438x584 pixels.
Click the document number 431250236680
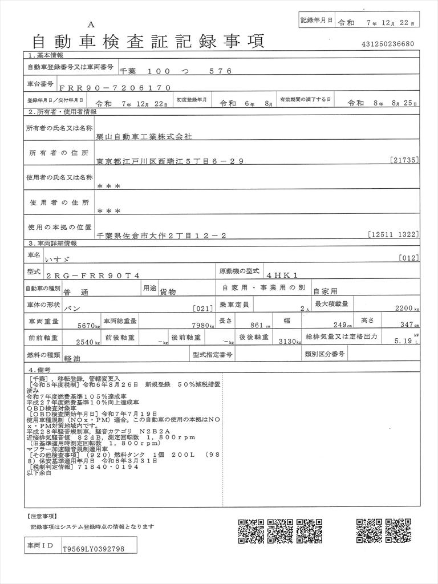(387, 44)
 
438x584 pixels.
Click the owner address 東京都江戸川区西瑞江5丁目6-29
(170, 161)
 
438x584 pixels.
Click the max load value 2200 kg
(407, 308)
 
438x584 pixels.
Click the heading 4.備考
(39, 370)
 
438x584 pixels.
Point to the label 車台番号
(40, 84)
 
